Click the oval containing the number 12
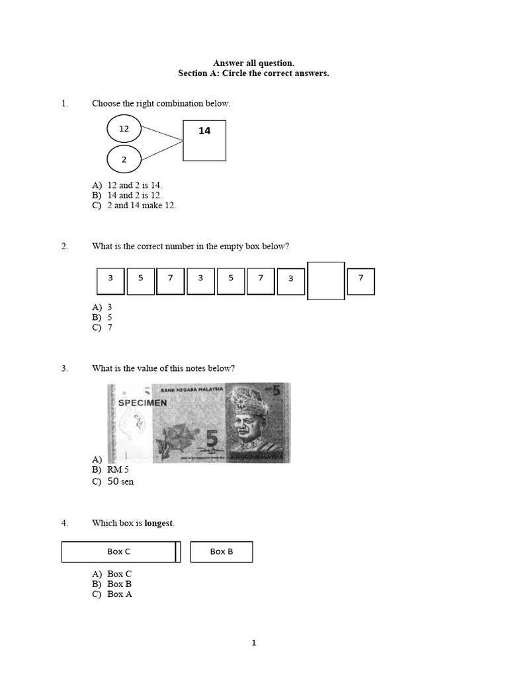coord(124,130)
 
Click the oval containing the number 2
coord(124,159)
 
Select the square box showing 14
coord(204,140)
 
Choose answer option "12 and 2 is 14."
coord(134,186)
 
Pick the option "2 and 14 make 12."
coord(142,206)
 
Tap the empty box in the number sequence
coord(326,281)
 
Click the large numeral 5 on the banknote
coord(212,439)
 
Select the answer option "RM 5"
coord(118,470)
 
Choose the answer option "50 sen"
coord(120,482)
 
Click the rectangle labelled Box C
coord(119,552)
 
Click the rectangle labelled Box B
coord(222,552)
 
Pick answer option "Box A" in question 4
coord(120,594)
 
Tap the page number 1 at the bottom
coord(254,643)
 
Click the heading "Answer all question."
coord(253,63)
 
